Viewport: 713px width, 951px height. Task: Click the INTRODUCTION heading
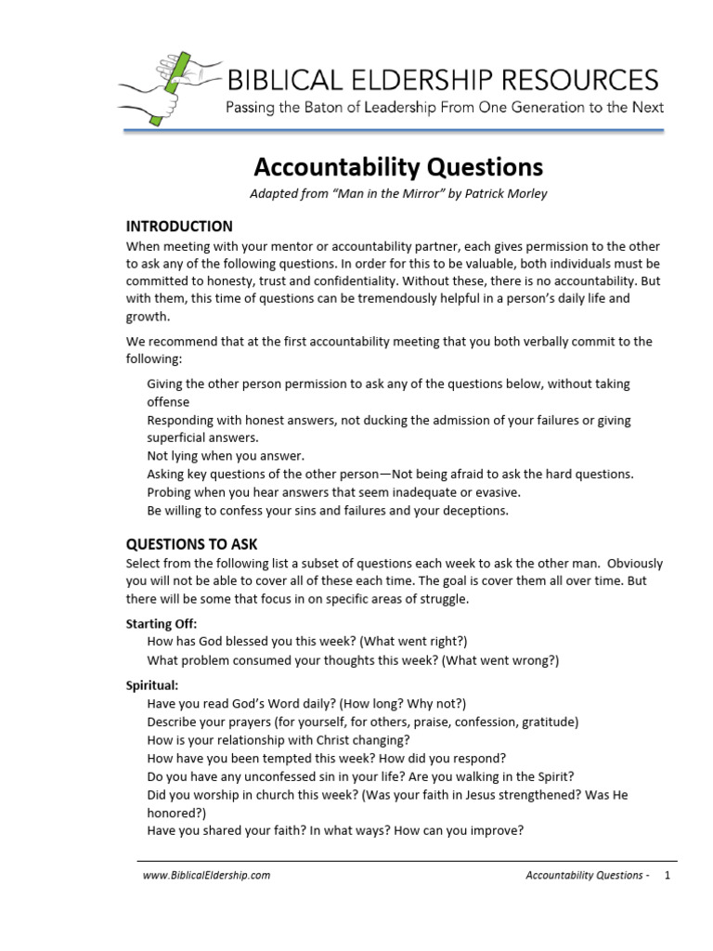pos(179,227)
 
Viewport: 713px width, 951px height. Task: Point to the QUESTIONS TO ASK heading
pos(192,543)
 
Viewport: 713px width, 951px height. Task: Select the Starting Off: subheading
pos(162,624)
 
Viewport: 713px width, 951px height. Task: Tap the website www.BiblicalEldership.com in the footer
pos(206,875)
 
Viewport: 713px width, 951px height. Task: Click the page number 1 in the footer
pos(667,875)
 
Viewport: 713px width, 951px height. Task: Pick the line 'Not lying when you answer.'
pos(226,455)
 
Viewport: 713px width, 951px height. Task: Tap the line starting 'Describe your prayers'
pos(362,722)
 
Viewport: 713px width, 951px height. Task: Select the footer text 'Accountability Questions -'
pos(587,875)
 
